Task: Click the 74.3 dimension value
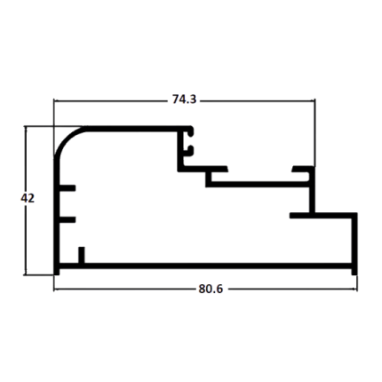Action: click(184, 99)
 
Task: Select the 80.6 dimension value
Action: click(211, 289)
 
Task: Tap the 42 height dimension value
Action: click(28, 198)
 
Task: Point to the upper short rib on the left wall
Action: click(68, 188)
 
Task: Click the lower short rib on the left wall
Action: click(68, 219)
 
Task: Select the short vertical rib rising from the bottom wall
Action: click(82, 255)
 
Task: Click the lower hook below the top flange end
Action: click(189, 151)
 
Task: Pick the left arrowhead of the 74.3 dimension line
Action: click(56, 101)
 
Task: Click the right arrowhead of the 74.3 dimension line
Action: click(313, 101)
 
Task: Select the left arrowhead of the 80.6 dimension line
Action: click(56, 289)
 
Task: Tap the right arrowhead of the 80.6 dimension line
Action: click(354, 289)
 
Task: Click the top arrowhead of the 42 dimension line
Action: click(26, 129)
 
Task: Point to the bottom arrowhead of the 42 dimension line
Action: click(26, 273)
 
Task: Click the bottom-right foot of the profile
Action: click(354, 272)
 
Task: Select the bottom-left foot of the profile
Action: click(57, 272)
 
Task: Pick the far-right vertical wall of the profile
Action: click(354, 241)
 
